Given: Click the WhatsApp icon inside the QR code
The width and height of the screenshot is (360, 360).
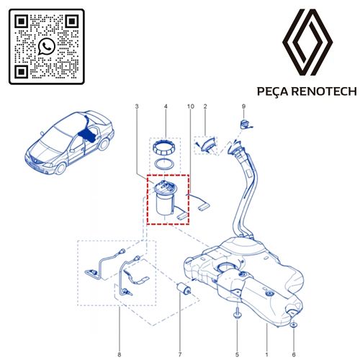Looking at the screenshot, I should (47, 47).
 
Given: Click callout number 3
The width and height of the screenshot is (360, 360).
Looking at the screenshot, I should (136, 107).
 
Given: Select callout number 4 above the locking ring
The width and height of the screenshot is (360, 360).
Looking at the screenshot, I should (166, 107).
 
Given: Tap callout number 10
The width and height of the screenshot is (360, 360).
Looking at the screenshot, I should (190, 107).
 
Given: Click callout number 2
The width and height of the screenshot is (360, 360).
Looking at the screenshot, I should (205, 107).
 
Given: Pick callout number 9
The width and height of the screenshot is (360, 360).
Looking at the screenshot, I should (243, 107).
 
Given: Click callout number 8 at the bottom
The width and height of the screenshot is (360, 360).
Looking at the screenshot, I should (118, 334).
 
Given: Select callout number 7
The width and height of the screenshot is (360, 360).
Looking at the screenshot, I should (181, 334).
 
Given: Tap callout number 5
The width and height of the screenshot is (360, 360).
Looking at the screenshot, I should (237, 334).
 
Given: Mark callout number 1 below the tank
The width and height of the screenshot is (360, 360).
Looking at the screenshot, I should (266, 334).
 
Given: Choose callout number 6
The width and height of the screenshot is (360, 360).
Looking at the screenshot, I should (294, 334).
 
